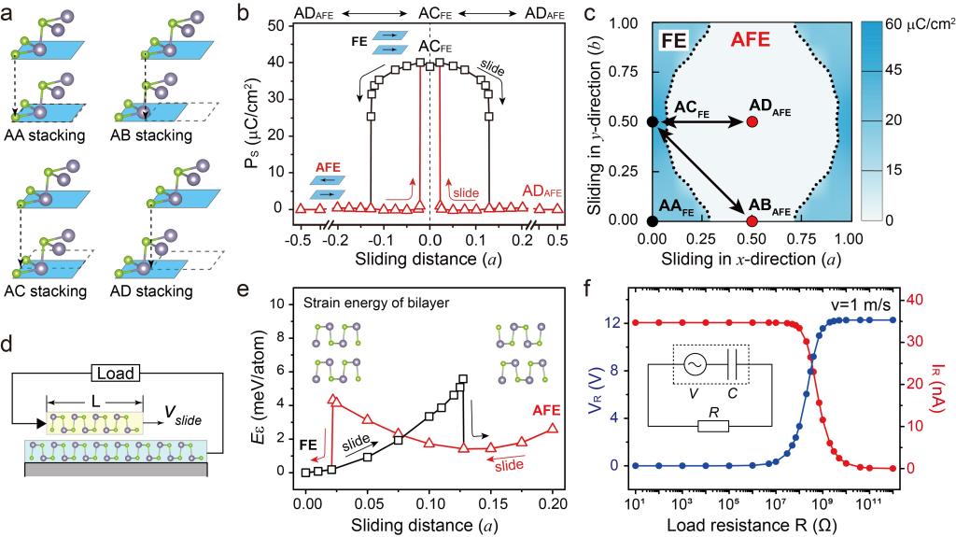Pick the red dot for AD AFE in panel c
[752, 122]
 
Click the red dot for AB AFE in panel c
[752, 221]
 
